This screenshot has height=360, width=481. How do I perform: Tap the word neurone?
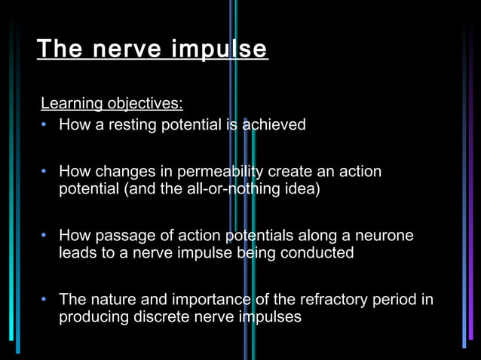(x=384, y=236)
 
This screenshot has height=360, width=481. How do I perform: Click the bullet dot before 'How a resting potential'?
(x=46, y=124)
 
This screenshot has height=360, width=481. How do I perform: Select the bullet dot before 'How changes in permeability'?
(x=46, y=172)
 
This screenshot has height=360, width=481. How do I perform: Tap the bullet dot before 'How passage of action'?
(x=46, y=236)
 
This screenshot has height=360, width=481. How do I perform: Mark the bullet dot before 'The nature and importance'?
(x=46, y=300)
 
